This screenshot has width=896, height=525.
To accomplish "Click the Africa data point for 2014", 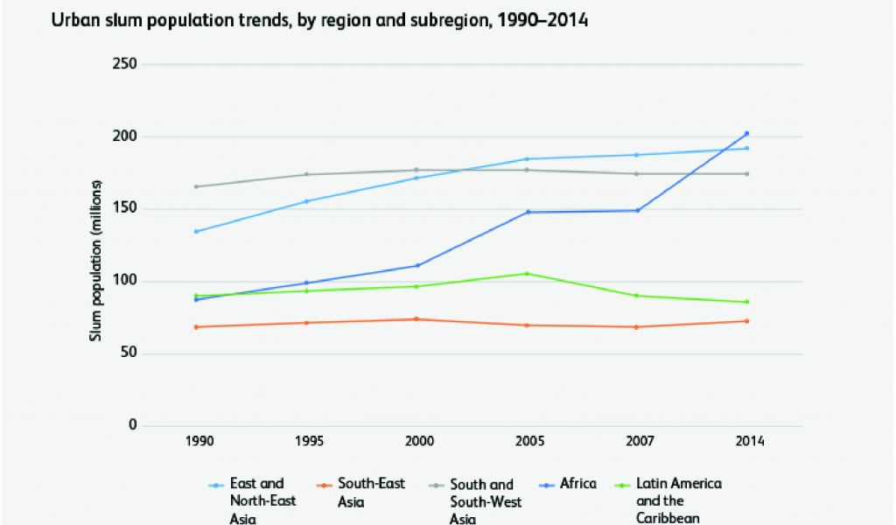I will [746, 134].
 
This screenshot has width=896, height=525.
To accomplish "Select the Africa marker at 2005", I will [527, 212].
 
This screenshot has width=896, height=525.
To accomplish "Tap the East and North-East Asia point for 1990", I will [196, 231].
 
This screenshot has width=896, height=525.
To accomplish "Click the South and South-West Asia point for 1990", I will [196, 186].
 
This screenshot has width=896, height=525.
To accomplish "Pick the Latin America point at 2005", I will [527, 274].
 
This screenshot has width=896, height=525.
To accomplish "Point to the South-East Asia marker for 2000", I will [416, 319].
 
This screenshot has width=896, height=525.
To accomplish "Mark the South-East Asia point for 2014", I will [746, 321].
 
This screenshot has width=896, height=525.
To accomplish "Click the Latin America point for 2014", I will [746, 302].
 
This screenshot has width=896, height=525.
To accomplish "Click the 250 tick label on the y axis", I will [126, 65].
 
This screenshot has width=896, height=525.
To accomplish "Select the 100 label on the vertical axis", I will [126, 282].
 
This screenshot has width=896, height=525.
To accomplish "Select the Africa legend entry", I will [578, 483].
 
